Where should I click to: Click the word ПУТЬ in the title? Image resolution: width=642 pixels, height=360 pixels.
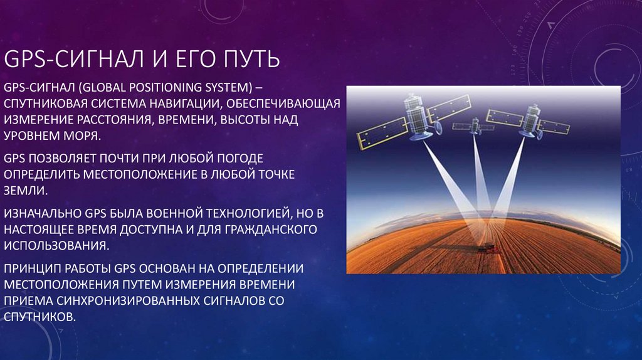[248, 60]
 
